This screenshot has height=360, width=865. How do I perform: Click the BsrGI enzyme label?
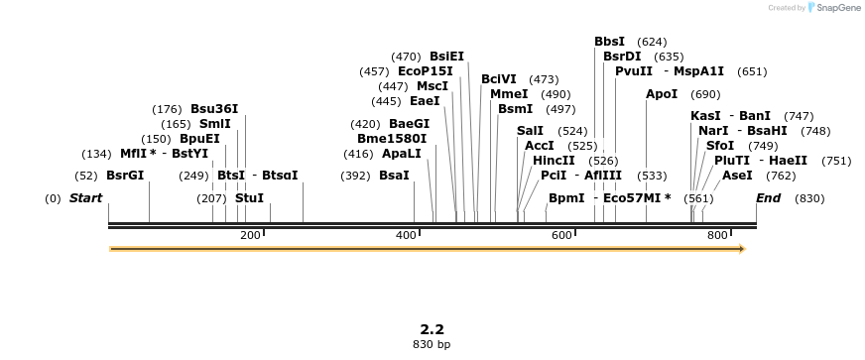[x=125, y=176]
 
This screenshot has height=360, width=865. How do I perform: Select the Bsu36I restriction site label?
[x=214, y=109]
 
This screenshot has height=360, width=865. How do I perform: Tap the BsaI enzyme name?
[x=394, y=176]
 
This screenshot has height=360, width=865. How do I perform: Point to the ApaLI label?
[x=402, y=154]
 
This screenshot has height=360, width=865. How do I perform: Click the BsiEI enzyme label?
[x=446, y=57]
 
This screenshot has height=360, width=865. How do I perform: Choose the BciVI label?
[x=499, y=79]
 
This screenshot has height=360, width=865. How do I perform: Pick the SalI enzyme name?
[x=530, y=131]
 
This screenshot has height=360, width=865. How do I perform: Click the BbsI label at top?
[x=609, y=42]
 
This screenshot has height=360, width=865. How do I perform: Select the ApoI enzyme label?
[x=662, y=94]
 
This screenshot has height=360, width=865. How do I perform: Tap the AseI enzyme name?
[x=737, y=176]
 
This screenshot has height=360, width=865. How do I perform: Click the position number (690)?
[x=705, y=94]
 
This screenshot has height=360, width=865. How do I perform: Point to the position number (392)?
[x=355, y=176]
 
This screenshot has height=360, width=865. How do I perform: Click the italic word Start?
[x=85, y=198]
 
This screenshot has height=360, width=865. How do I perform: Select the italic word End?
[x=768, y=198]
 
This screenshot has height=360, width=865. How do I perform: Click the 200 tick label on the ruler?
[x=250, y=235]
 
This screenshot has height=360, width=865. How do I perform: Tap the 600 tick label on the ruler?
[x=561, y=235]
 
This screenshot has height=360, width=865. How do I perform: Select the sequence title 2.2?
[x=432, y=329]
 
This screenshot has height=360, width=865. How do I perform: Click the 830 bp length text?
[x=432, y=345]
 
